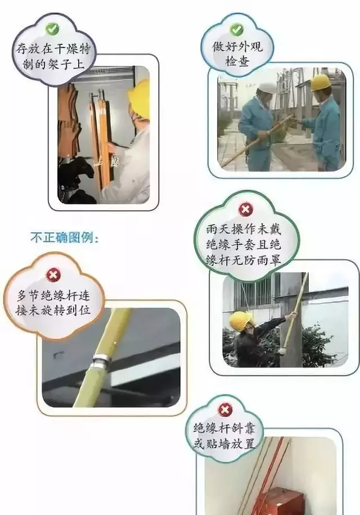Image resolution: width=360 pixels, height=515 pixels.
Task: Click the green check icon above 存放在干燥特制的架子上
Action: [x=52, y=27]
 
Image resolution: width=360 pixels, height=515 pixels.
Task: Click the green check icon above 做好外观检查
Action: [x=237, y=29]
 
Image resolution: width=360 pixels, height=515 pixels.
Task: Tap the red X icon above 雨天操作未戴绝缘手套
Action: [x=246, y=210]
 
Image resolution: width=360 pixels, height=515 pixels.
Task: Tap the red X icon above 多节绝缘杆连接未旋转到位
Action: [x=54, y=275]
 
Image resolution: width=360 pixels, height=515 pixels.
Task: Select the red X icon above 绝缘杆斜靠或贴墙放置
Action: [x=224, y=409]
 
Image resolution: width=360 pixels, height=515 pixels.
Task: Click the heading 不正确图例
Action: [x=65, y=238]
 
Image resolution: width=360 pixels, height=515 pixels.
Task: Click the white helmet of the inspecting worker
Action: [x=268, y=88]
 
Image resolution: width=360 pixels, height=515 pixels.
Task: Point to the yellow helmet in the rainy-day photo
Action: [x=240, y=320]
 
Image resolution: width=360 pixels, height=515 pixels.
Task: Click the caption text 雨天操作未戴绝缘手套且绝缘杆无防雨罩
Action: [x=246, y=245]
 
